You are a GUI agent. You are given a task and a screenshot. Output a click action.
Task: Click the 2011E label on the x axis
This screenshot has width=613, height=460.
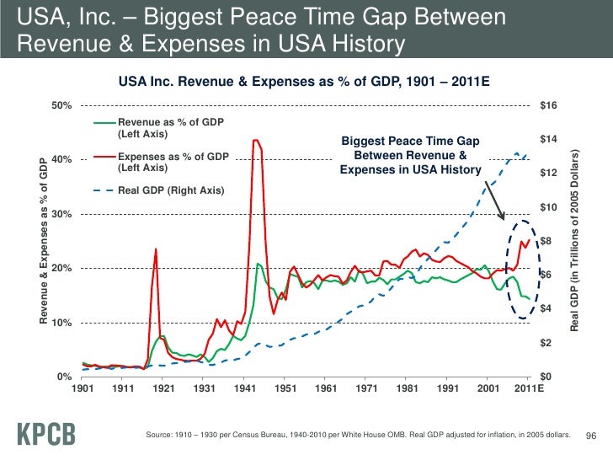[528, 389]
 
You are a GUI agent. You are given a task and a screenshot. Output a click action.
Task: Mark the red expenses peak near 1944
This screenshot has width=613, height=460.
[256, 141]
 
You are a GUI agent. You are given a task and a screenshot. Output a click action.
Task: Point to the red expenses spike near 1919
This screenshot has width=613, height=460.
[156, 249]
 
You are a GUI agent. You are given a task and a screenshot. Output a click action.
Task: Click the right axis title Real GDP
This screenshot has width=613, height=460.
[576, 240]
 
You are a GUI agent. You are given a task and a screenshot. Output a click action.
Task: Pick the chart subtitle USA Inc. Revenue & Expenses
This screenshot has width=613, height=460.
[304, 82]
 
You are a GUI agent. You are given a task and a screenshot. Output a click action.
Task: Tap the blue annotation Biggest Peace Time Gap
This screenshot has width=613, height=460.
[410, 156]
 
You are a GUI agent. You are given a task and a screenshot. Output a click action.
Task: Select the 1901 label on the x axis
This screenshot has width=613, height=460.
[82, 389]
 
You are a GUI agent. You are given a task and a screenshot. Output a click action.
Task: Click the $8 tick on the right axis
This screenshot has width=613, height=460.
[545, 242]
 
